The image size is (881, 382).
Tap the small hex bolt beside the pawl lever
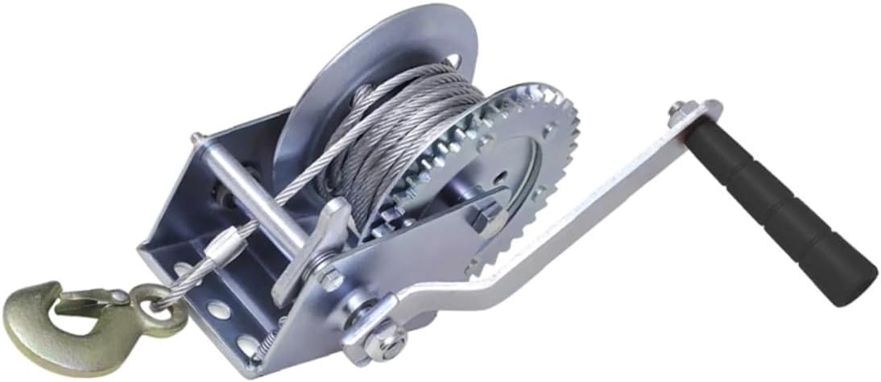click(x=329, y=277)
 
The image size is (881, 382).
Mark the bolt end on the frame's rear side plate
click(x=195, y=139)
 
